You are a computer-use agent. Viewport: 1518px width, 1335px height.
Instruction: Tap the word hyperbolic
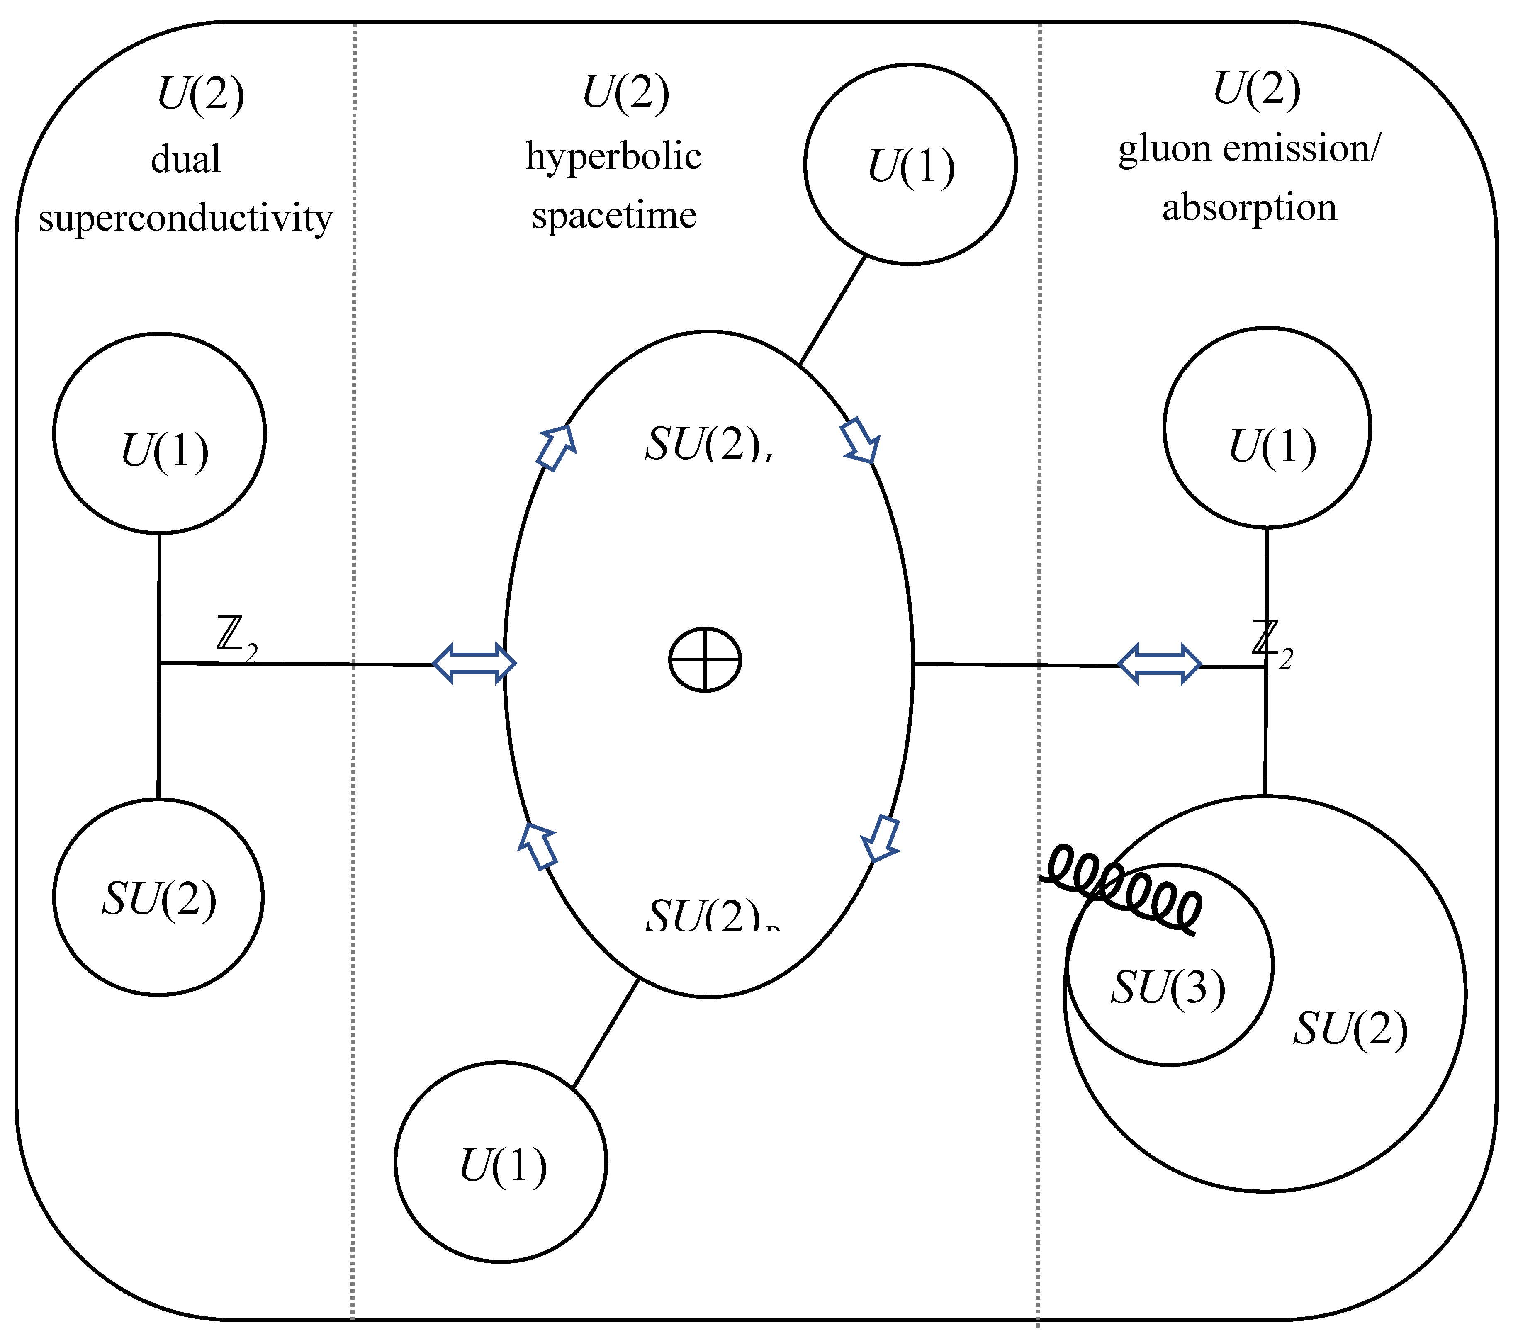[613, 157]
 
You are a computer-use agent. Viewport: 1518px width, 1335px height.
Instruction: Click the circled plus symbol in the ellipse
[705, 659]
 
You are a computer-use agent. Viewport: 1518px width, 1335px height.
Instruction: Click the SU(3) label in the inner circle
[1168, 988]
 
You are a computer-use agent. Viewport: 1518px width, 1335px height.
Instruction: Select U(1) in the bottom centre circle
[503, 1166]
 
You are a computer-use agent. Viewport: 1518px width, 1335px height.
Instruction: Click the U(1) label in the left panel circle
[164, 452]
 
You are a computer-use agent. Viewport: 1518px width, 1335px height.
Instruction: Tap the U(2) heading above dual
[200, 94]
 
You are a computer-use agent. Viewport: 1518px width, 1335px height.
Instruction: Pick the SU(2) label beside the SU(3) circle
[1350, 1029]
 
